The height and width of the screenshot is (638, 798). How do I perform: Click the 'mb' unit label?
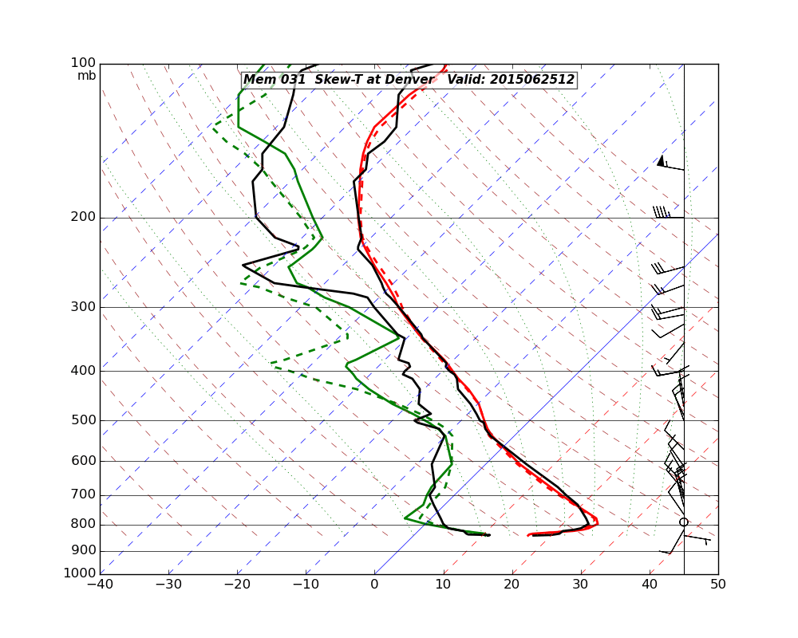pos(86,76)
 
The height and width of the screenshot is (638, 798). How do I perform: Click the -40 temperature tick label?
pos(100,585)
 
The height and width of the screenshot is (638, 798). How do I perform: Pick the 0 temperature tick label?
pos(374,585)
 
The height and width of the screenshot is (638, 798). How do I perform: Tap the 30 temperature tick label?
pos(581,585)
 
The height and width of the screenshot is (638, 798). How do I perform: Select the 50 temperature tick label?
pos(718,585)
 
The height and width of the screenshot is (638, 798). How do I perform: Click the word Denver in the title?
pos(408,80)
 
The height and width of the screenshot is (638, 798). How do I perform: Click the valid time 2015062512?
pos(531,80)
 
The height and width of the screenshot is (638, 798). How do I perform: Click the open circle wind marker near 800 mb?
pos(684,522)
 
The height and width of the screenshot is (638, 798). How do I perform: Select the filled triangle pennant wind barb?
pos(661,161)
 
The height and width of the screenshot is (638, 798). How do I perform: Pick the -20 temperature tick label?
pos(237,585)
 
